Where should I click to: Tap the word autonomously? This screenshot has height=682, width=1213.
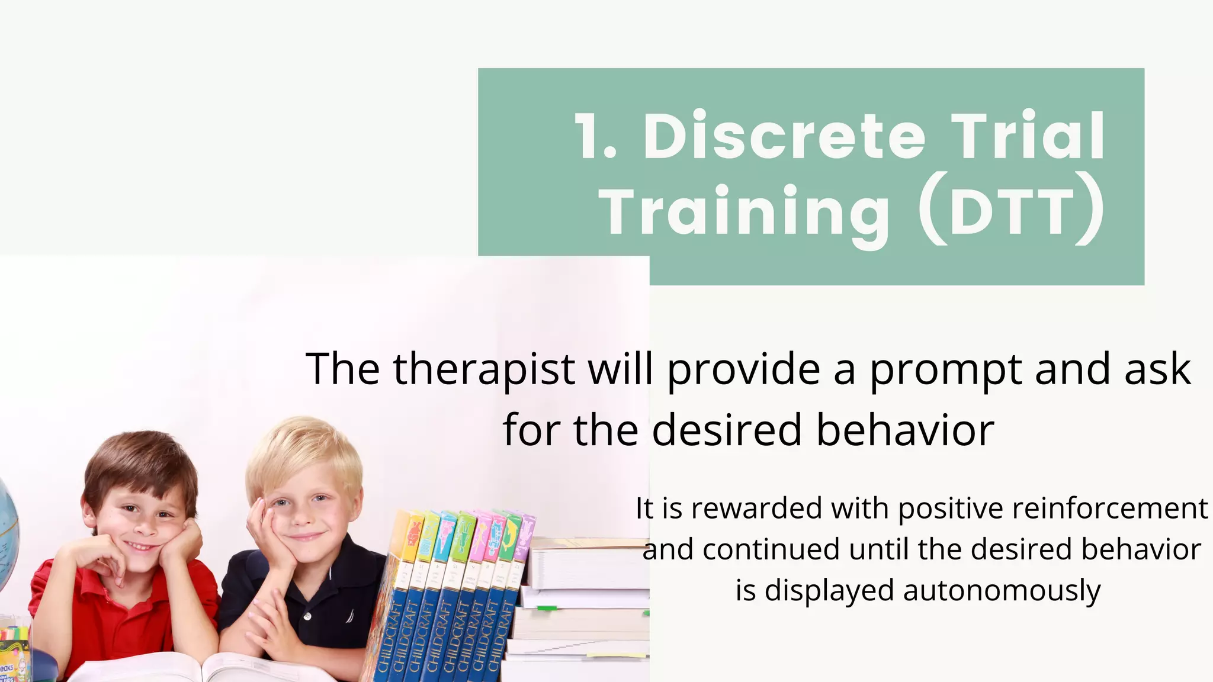point(1002,591)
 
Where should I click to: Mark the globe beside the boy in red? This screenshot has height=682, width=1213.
point(7,533)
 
